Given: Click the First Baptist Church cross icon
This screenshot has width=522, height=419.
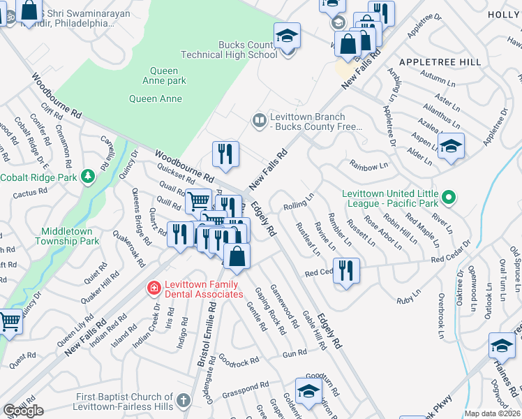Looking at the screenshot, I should point(183,401).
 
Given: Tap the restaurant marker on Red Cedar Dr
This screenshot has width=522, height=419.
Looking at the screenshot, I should point(347,270).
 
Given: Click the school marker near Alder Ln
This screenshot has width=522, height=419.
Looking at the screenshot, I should point(451,146).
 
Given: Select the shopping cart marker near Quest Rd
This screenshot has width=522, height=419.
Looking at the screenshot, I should point(9,323).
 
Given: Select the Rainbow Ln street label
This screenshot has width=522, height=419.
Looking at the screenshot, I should point(370,166).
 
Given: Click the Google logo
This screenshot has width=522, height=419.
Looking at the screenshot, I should point(23,411).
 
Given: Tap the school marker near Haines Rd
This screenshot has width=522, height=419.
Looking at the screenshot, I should point(501,347).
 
